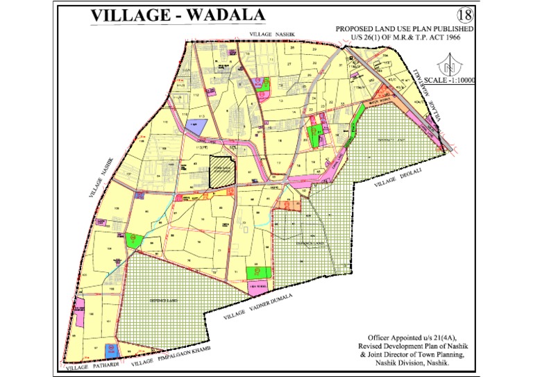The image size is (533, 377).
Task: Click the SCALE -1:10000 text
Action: click(x=449, y=81)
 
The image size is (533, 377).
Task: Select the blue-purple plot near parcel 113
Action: click(x=193, y=124)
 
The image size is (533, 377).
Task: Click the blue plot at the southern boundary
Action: click(x=109, y=349)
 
